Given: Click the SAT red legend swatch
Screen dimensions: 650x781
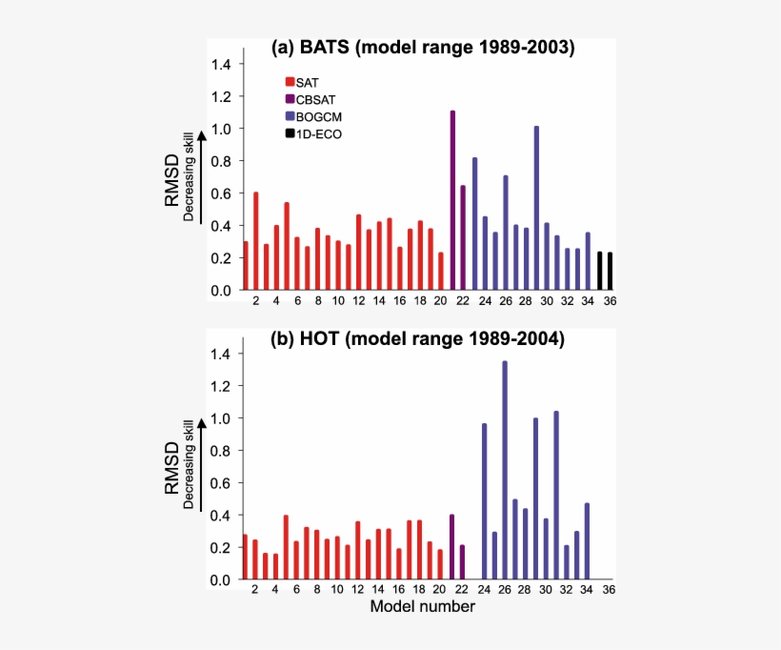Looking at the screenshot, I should coord(290,82).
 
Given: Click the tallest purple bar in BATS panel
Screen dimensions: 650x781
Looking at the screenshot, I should coord(452,200).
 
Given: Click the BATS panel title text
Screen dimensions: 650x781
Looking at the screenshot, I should coord(423,48).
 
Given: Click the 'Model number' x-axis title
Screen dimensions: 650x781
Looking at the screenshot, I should coord(422,606).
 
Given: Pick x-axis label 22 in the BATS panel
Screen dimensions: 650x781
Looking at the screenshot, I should coord(463,301).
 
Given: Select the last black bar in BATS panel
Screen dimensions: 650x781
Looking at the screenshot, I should coord(610,271).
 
